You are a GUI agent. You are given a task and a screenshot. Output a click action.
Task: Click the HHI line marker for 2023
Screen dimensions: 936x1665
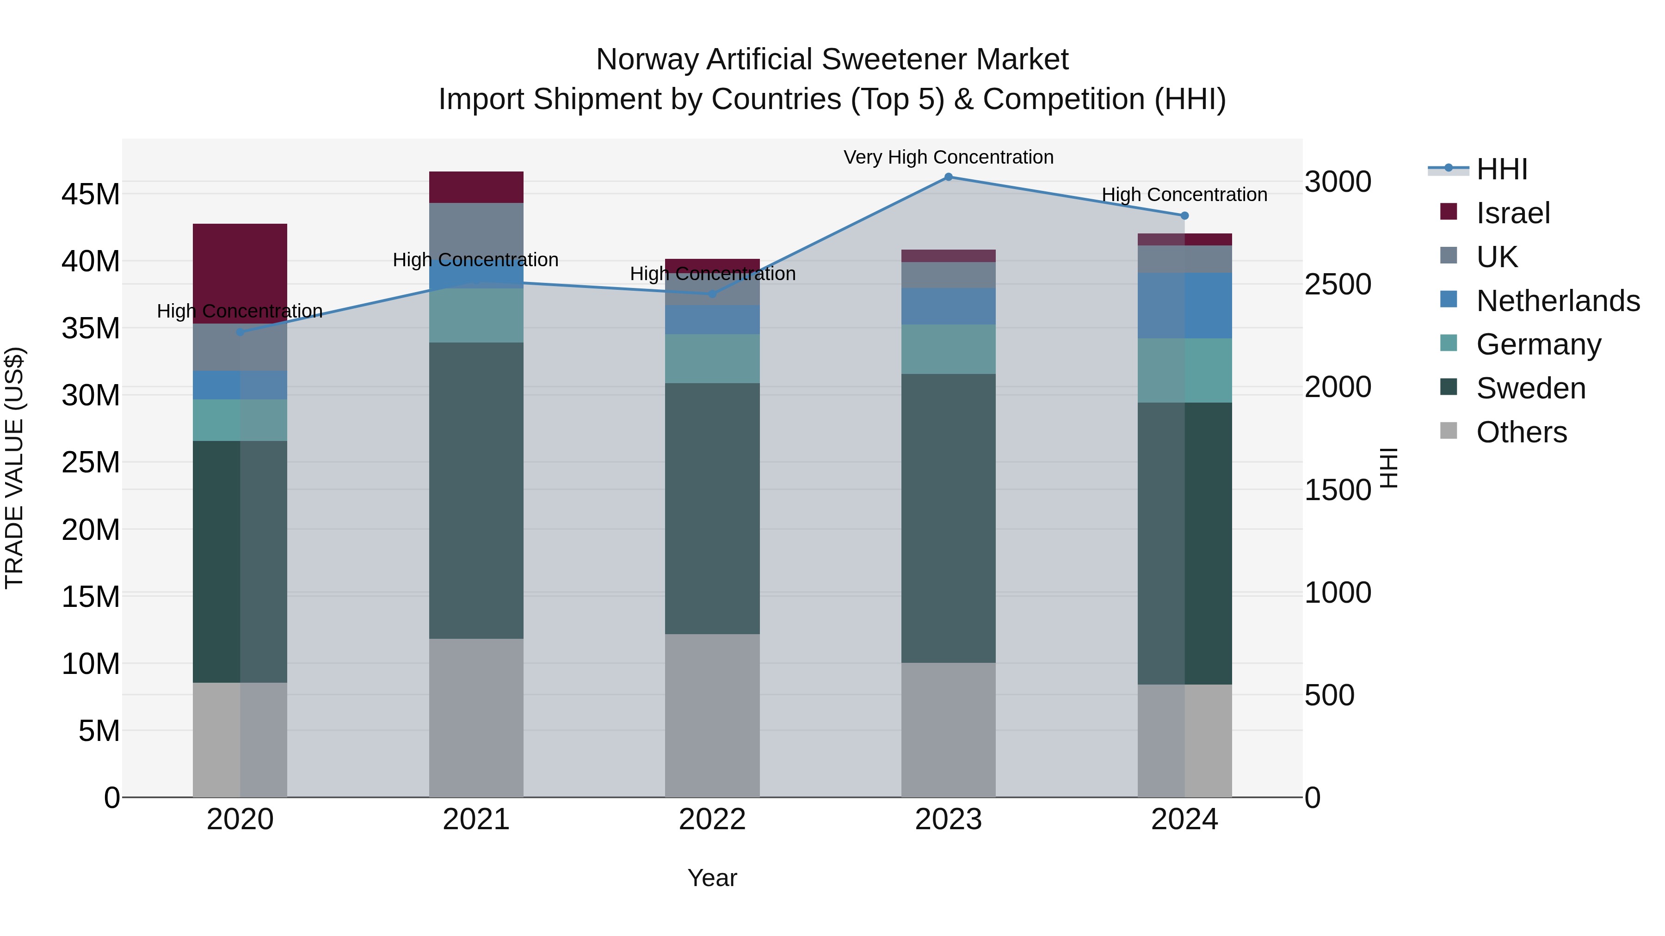coord(948,177)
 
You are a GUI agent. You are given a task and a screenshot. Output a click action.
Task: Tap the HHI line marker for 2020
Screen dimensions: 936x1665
coord(240,332)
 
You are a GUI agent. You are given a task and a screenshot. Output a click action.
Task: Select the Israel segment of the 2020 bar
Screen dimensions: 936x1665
coord(240,273)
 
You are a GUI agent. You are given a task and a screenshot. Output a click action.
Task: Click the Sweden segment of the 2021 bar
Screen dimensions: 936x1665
coord(476,490)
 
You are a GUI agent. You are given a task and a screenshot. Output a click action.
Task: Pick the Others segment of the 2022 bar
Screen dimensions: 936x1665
coord(712,715)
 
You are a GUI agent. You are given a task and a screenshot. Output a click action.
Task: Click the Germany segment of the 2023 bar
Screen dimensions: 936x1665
coord(948,349)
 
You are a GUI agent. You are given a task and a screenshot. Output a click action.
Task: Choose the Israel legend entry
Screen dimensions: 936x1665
coord(1512,213)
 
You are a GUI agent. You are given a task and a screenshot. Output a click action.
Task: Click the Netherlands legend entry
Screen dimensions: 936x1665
coord(1558,301)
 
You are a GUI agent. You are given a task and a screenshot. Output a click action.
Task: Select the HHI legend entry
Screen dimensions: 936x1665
coord(1501,169)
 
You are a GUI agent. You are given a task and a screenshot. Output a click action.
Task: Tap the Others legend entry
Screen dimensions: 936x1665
coord(1521,432)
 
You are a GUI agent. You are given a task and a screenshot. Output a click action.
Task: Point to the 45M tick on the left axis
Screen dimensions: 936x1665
coord(91,194)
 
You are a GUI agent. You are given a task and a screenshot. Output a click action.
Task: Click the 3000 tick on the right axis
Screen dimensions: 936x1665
coord(1337,182)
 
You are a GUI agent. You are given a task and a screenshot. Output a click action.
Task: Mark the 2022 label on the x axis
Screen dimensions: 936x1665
coord(712,820)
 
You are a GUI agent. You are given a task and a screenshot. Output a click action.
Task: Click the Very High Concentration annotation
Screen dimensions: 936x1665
coord(948,157)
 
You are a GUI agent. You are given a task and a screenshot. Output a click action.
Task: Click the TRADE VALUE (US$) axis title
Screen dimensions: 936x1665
coord(14,468)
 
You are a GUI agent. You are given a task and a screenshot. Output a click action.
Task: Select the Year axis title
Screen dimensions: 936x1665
coord(712,878)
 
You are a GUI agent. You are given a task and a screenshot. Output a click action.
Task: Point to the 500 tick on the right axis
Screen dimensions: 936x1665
coord(1329,696)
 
